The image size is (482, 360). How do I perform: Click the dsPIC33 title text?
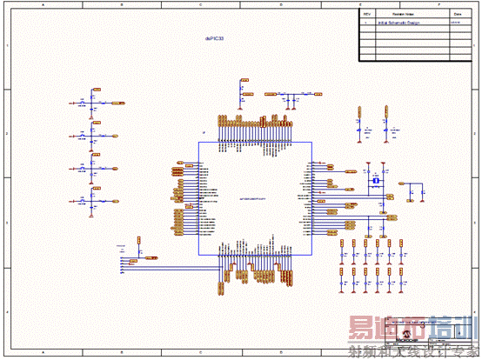click(215, 39)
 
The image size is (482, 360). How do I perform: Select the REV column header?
click(366, 15)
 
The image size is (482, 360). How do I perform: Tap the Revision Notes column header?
click(403, 15)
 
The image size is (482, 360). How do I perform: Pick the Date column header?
click(457, 15)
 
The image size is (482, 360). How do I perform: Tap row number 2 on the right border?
click(476, 134)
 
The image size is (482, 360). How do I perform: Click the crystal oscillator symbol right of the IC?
click(376, 181)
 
